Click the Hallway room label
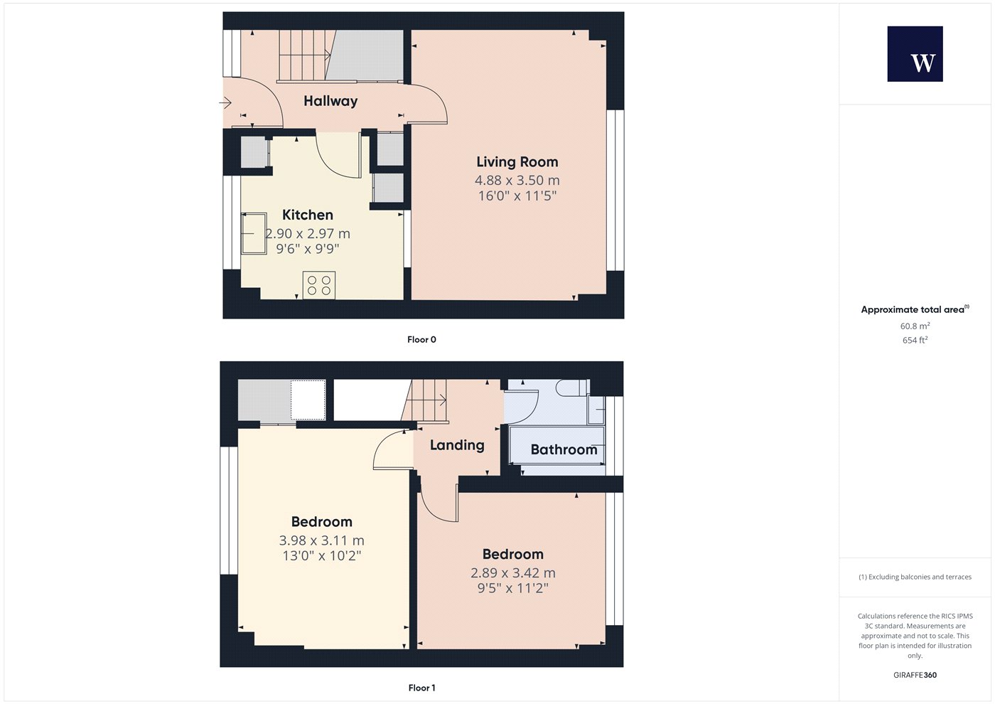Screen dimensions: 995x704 (330, 101)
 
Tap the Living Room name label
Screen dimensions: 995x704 (517, 162)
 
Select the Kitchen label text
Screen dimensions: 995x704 (307, 215)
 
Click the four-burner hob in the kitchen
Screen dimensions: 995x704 (319, 285)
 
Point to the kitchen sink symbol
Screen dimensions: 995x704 (254, 233)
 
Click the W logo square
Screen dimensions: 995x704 (915, 54)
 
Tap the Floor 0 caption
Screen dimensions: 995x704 (421, 340)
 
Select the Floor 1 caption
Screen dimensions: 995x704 (421, 688)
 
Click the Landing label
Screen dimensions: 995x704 (457, 445)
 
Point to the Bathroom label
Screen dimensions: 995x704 (564, 449)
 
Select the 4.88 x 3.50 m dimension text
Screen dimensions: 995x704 (517, 181)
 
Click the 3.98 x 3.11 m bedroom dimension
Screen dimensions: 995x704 (321, 540)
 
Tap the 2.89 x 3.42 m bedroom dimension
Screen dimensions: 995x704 (513, 573)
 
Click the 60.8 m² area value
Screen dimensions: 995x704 (915, 326)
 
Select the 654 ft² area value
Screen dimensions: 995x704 (915, 340)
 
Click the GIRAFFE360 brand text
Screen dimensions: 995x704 (915, 675)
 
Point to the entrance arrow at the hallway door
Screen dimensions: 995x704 (225, 103)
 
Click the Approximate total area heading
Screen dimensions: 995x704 (915, 309)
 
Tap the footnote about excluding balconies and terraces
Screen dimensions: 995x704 (915, 577)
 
